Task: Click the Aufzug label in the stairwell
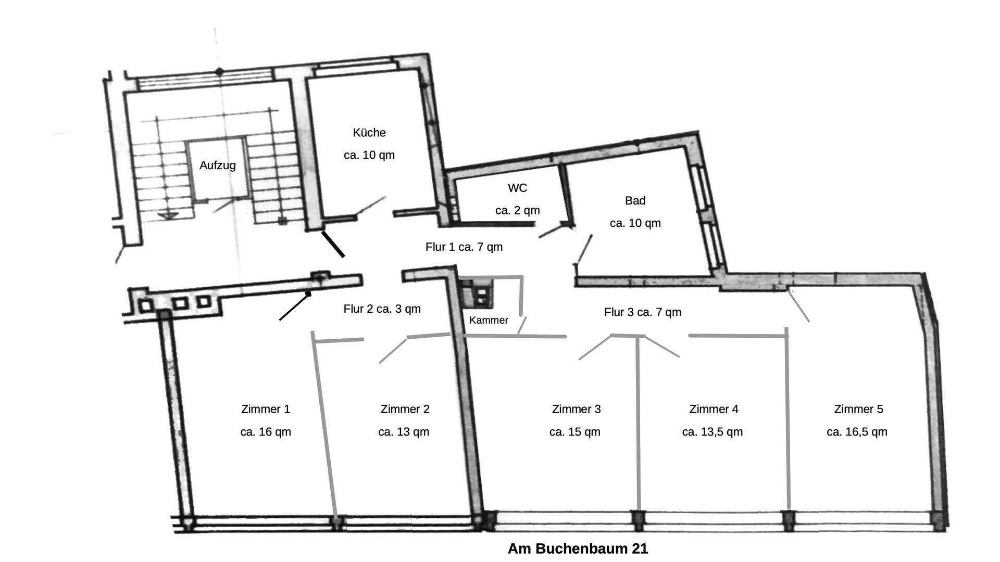[x=218, y=165]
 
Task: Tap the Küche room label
[x=369, y=133]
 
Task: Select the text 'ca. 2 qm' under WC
[x=517, y=211]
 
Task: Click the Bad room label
[x=635, y=201]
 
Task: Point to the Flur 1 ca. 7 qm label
[x=464, y=247]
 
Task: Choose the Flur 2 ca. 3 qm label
[x=382, y=309]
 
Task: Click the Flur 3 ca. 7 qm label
[x=642, y=312]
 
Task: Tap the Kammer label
[x=489, y=321]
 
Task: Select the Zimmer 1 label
[x=265, y=410]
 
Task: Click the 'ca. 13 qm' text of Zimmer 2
[x=404, y=432]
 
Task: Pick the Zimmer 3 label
[x=576, y=410]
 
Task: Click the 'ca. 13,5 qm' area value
[x=712, y=432]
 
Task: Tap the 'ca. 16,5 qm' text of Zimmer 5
[x=857, y=432]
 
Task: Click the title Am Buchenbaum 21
[x=578, y=548]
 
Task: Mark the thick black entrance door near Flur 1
[x=333, y=244]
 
